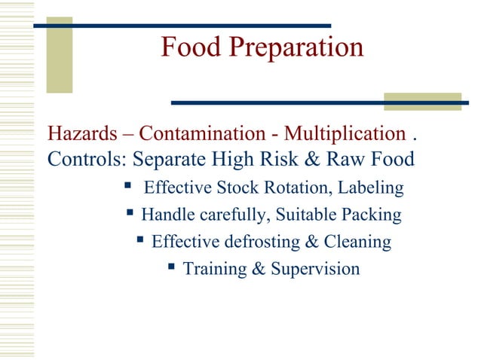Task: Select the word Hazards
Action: pyautogui.click(x=79, y=135)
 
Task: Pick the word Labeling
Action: pyautogui.click(x=372, y=188)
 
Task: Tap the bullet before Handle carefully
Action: pyautogui.click(x=130, y=214)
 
